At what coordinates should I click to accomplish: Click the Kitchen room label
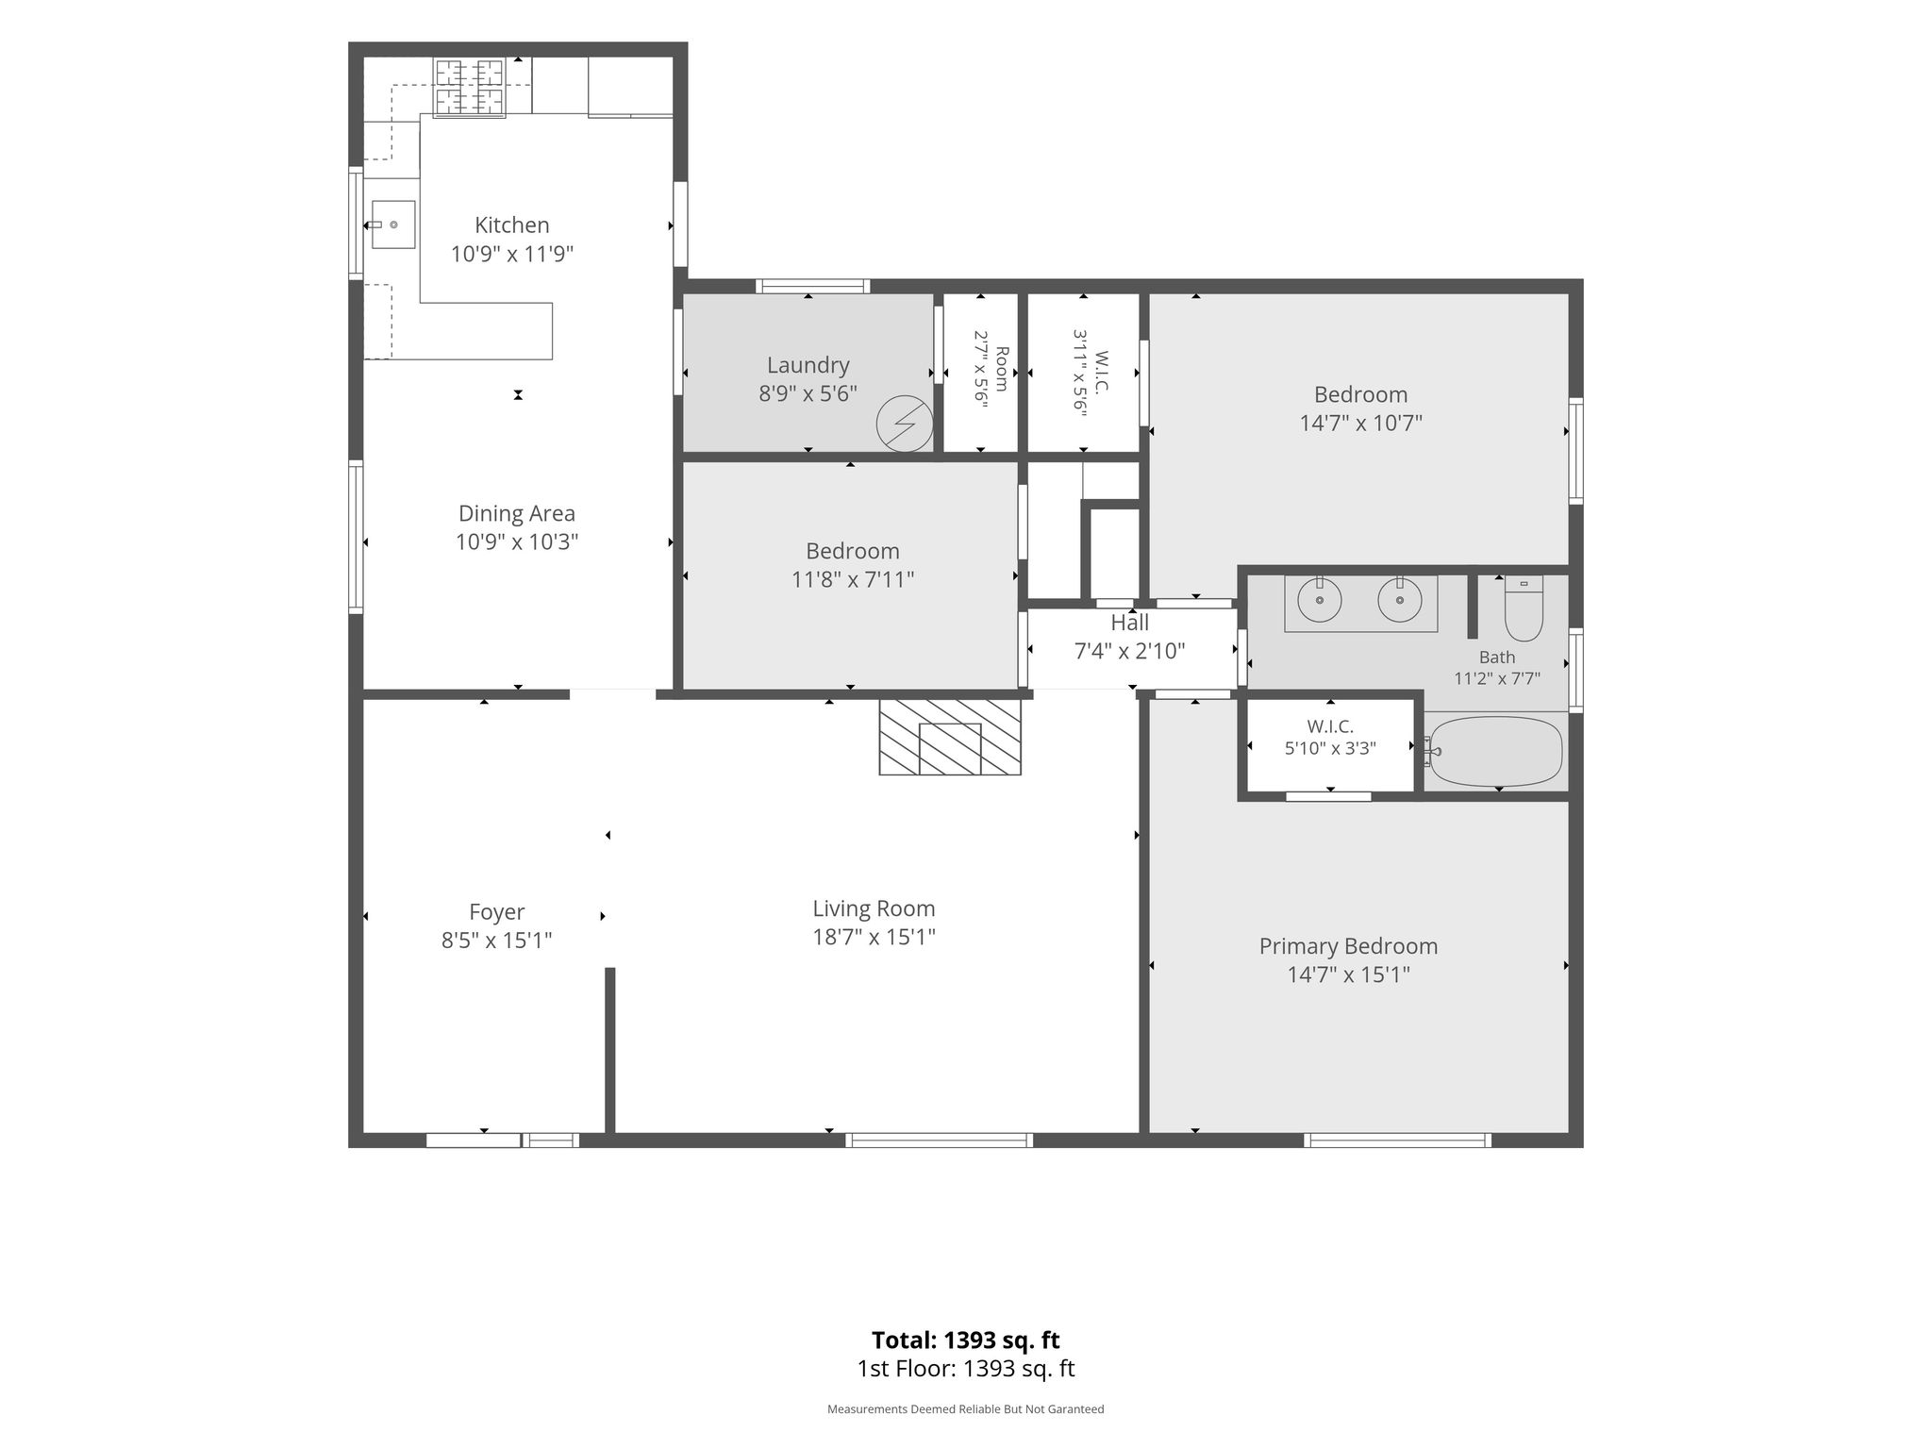[x=511, y=225]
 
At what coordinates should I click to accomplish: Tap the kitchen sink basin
[x=392, y=225]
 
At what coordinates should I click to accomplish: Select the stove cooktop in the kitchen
[x=469, y=88]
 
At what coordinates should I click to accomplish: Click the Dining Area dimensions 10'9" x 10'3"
[x=516, y=541]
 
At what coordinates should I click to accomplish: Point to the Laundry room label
[x=808, y=365]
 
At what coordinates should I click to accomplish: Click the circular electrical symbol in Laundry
[x=905, y=424]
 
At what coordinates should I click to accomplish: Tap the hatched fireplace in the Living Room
[x=950, y=737]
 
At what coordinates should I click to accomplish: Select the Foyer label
[x=496, y=912]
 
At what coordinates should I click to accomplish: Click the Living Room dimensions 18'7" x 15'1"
[x=874, y=937]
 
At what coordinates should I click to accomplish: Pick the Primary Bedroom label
[x=1348, y=946]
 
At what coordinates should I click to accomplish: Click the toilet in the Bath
[x=1523, y=608]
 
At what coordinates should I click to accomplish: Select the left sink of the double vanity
[x=1320, y=600]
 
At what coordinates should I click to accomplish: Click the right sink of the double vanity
[x=1400, y=600]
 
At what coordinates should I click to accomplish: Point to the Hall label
[x=1129, y=623]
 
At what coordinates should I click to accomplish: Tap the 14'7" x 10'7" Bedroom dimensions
[x=1360, y=423]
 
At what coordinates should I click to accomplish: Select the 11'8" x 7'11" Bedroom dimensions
[x=853, y=579]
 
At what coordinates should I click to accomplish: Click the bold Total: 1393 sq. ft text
[x=965, y=1340]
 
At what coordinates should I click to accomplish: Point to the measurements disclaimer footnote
[x=965, y=1409]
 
